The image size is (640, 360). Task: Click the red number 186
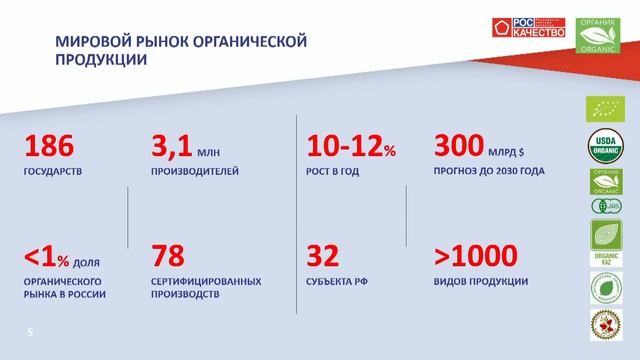click(x=48, y=147)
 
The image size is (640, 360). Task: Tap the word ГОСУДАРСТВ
click(x=53, y=171)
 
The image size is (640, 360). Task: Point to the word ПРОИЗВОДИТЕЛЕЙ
click(x=194, y=171)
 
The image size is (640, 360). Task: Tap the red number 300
click(x=463, y=146)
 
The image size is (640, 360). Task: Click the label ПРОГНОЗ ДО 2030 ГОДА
click(x=490, y=171)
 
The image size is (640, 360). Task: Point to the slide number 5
click(x=30, y=329)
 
